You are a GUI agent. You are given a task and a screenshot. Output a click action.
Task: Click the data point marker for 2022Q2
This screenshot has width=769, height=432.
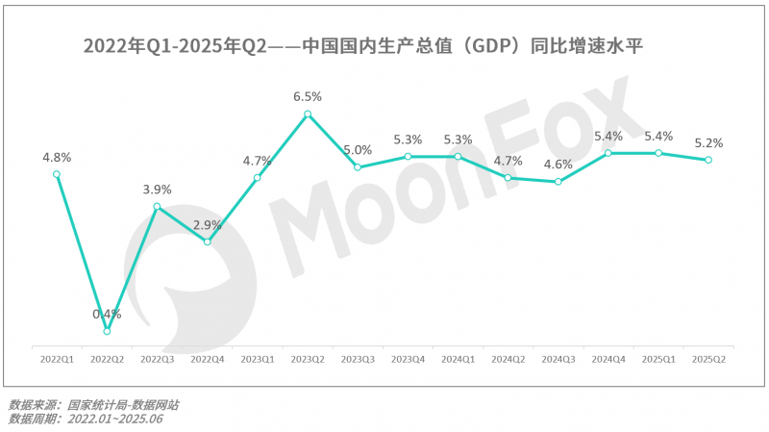pyautogui.click(x=107, y=331)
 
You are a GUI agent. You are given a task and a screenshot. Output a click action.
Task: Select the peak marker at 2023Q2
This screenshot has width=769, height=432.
pyautogui.click(x=308, y=114)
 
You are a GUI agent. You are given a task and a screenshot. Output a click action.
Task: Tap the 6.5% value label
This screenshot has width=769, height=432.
pyautogui.click(x=308, y=96)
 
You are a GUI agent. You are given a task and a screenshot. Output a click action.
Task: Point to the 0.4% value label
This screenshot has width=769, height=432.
pyautogui.click(x=107, y=314)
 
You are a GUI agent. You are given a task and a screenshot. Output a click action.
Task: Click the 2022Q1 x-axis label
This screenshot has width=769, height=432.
pyautogui.click(x=57, y=359)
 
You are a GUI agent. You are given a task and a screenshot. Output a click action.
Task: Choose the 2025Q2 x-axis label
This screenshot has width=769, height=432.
pyautogui.click(x=708, y=359)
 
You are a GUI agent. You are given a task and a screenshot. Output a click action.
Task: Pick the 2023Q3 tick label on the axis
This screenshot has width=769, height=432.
pyautogui.click(x=358, y=359)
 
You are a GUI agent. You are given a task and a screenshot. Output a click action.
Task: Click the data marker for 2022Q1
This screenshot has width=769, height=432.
pyautogui.click(x=57, y=174)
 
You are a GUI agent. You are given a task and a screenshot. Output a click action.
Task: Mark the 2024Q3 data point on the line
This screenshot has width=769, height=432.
pyautogui.click(x=558, y=181)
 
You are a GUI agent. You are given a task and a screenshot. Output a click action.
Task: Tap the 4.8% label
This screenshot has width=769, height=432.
pyautogui.click(x=57, y=157)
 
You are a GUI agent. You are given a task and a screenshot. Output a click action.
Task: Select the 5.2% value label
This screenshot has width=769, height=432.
pyautogui.click(x=708, y=142)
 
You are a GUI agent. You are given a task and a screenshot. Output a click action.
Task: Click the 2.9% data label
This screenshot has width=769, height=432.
pyautogui.click(x=207, y=225)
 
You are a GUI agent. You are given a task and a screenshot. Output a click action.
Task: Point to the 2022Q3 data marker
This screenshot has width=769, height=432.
pyautogui.click(x=157, y=207)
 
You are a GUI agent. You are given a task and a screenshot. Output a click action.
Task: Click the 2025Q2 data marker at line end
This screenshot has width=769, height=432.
pyautogui.click(x=708, y=160)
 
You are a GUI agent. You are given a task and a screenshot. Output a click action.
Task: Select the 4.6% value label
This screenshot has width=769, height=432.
pyautogui.click(x=558, y=164)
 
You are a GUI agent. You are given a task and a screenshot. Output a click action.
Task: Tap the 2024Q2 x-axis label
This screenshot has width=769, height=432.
pyautogui.click(x=508, y=359)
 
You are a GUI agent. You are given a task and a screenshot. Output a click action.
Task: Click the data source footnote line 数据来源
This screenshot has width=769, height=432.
pyautogui.click(x=93, y=405)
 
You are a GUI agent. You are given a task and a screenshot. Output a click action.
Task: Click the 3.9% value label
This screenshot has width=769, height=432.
pyautogui.click(x=157, y=190)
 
